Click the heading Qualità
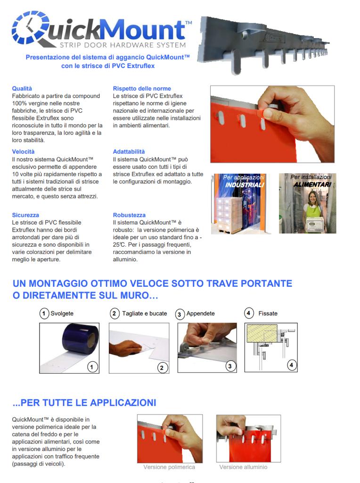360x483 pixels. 22,88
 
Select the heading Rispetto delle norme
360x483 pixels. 142,88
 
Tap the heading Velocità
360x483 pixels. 23,151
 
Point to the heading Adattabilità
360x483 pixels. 129,151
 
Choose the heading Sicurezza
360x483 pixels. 25,215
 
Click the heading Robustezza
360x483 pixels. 129,215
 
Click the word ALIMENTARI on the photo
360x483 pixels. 312,184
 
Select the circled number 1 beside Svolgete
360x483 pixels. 44,313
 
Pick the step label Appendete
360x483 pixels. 200,313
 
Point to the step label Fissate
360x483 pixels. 268,313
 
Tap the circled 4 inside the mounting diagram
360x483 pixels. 292,365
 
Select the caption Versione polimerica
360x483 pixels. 169,467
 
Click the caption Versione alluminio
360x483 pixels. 243,467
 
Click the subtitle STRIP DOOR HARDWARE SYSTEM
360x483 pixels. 122,45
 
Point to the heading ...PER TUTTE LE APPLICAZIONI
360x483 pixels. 84,402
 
